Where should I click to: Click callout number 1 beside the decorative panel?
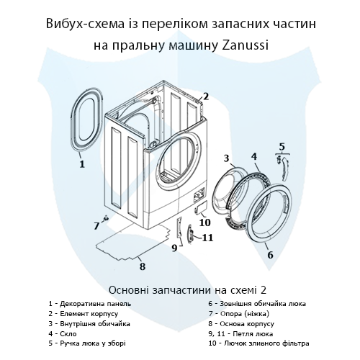[81, 163]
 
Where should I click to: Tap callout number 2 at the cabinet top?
[205, 96]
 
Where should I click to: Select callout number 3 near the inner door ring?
[226, 158]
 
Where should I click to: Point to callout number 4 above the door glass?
[254, 156]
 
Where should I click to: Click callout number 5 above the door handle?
[282, 147]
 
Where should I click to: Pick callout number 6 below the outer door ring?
[270, 254]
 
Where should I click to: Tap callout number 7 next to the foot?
[96, 225]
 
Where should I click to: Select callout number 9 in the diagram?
[174, 248]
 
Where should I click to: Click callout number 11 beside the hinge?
[207, 237]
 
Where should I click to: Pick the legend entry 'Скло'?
[60, 333]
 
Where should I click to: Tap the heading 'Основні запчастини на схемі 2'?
[180, 289]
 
